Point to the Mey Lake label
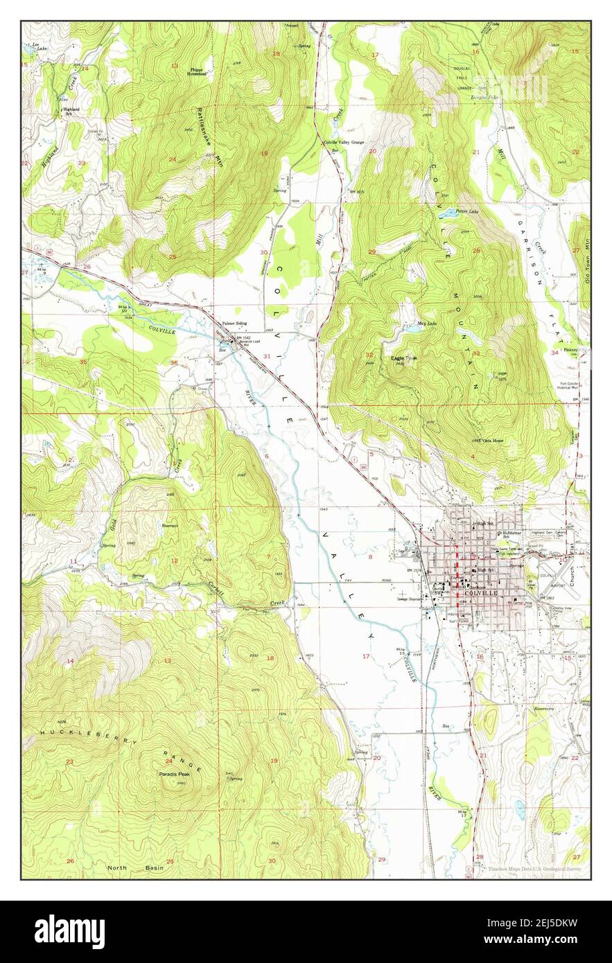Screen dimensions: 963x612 428,324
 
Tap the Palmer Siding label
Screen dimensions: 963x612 234,324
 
